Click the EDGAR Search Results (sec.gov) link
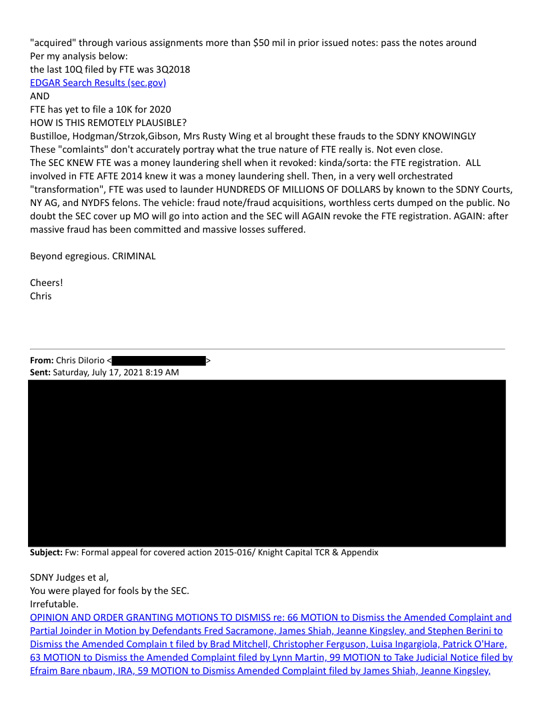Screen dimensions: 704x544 click(98, 83)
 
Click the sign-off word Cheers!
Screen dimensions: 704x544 click(47, 283)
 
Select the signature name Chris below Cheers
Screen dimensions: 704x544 click(41, 296)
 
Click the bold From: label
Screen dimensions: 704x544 click(41, 361)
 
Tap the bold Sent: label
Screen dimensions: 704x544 click(40, 373)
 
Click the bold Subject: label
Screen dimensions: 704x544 click(46, 553)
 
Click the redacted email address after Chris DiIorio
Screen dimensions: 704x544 click(159, 361)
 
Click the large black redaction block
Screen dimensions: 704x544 click(267, 463)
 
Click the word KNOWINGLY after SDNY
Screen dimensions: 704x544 click(449, 136)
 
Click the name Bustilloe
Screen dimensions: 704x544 click(51, 136)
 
